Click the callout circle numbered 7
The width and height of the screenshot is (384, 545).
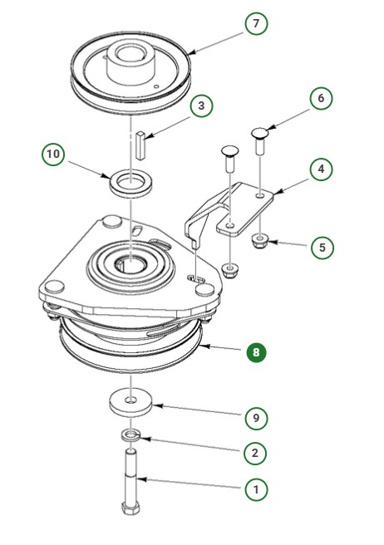(x=256, y=24)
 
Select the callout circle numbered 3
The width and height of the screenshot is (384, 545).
(x=200, y=106)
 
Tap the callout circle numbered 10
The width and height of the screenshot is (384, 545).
(x=53, y=155)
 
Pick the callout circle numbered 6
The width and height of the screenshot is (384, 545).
(x=320, y=98)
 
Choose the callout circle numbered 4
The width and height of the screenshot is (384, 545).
(x=320, y=169)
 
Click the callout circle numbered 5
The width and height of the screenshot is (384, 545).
(x=322, y=247)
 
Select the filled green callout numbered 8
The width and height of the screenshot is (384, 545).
(x=255, y=351)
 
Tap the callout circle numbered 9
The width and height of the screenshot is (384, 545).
(x=255, y=418)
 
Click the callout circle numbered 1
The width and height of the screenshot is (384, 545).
(x=255, y=489)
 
